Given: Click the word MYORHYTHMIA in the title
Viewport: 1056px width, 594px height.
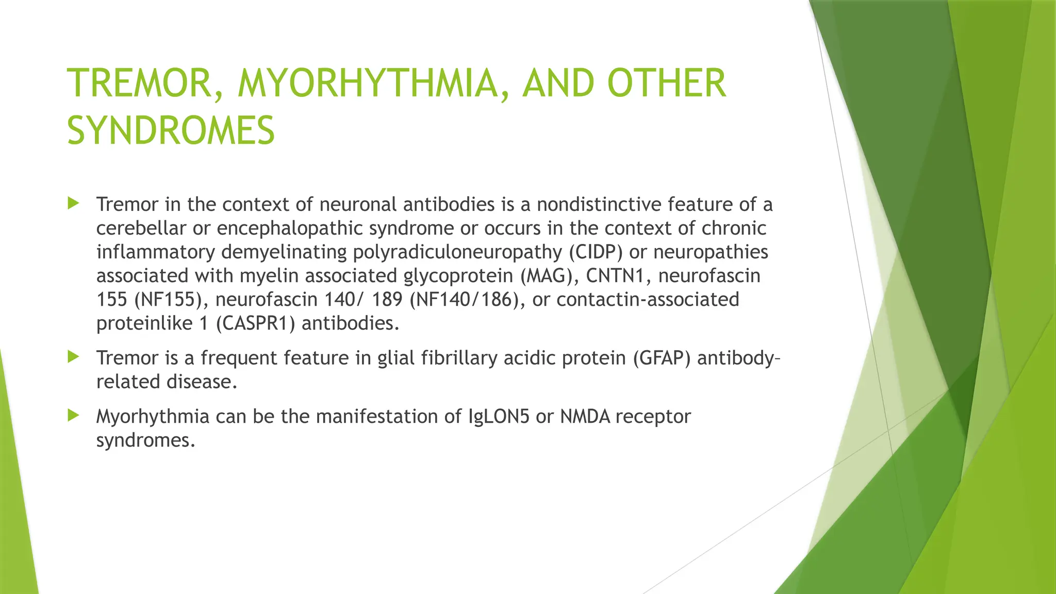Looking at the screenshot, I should click(x=368, y=83).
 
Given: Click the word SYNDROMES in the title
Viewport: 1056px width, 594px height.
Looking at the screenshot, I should click(x=171, y=130).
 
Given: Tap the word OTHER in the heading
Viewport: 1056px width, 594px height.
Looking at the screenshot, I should click(x=667, y=83).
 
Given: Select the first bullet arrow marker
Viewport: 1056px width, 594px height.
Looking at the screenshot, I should click(x=73, y=203).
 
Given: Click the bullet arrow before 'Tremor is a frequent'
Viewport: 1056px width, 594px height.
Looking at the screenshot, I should click(x=73, y=356).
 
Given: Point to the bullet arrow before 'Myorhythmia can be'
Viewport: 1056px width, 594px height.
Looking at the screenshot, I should click(x=73, y=415).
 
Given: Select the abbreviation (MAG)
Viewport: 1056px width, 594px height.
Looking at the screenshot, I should click(x=550, y=276).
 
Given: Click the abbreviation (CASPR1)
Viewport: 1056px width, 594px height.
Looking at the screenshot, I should click(x=255, y=323).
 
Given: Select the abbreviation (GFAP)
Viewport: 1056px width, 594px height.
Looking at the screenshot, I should click(x=662, y=358).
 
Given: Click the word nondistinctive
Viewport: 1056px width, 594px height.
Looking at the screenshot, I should click(x=599, y=205).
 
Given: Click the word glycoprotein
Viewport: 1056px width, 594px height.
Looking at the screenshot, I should click(x=458, y=276).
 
